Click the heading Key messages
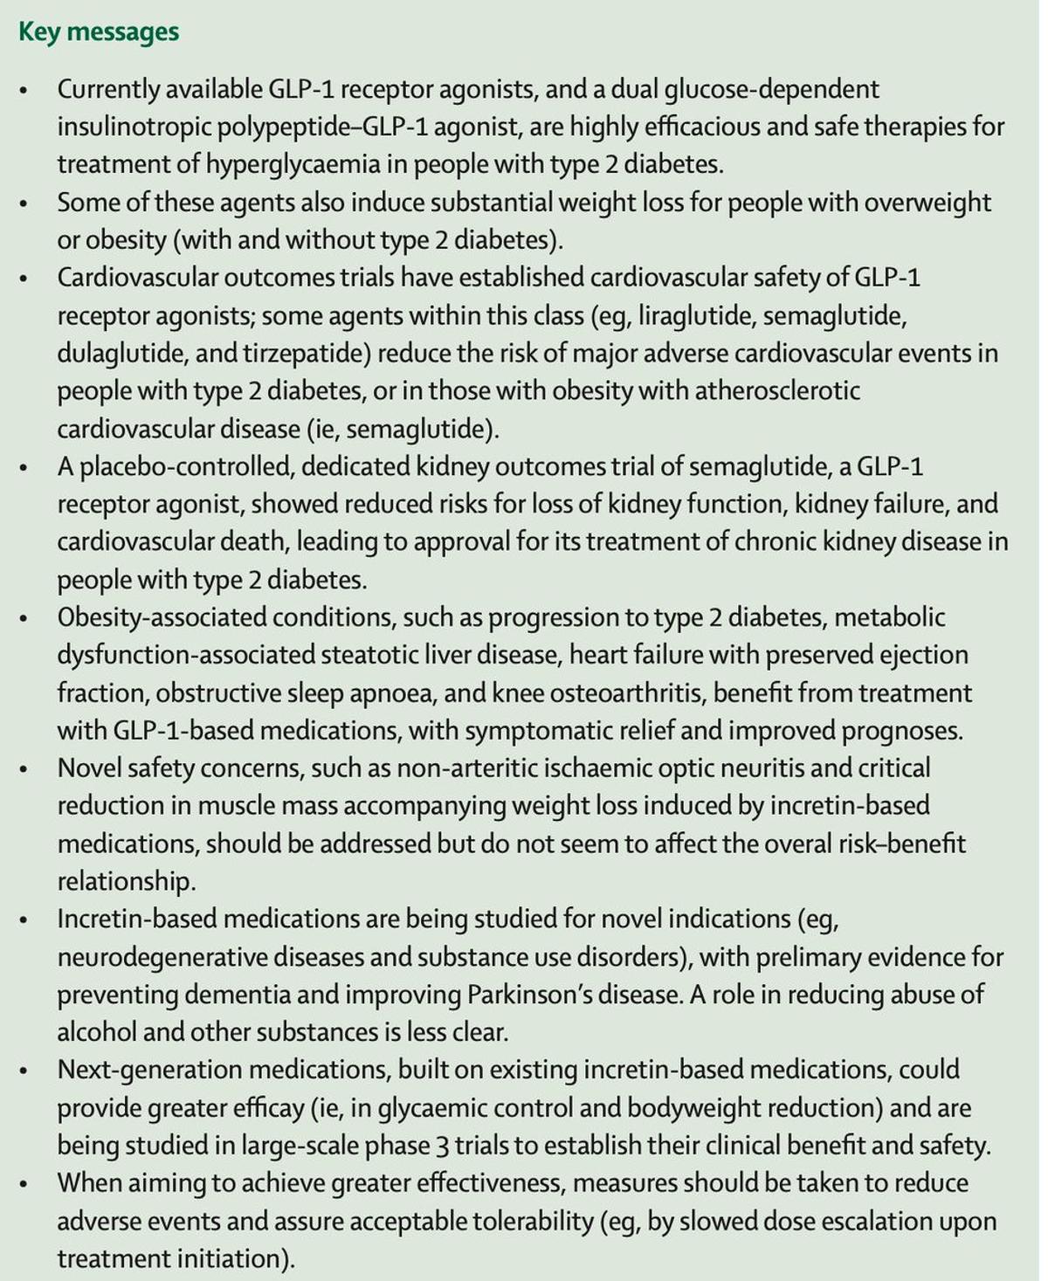tap(99, 32)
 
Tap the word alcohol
tap(96, 1032)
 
